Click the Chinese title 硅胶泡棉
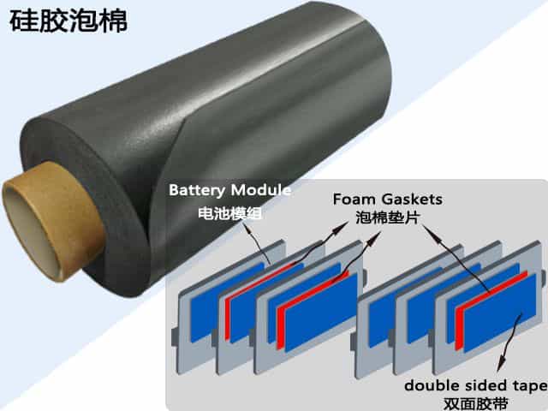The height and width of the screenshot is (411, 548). [68, 21]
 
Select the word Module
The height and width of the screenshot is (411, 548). [262, 189]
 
